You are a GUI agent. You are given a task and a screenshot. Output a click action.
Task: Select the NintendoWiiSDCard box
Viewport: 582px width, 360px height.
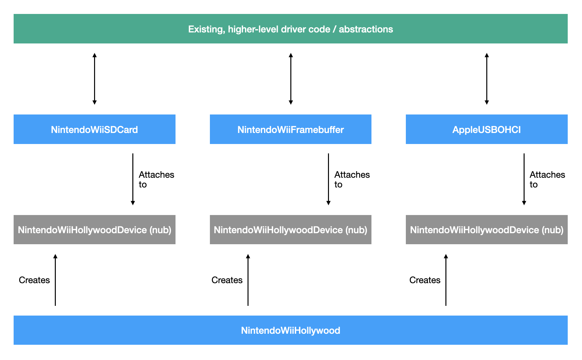(94, 129)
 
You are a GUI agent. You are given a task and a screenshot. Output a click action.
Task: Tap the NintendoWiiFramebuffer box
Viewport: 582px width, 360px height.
(290, 129)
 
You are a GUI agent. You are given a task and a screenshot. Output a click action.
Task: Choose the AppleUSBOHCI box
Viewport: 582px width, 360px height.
(486, 129)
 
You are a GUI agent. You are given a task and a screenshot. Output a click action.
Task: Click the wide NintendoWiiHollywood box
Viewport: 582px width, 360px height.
(290, 330)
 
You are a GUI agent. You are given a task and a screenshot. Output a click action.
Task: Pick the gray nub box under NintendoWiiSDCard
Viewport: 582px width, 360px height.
(94, 230)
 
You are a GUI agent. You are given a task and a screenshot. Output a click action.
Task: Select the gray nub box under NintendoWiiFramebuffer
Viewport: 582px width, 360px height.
(290, 230)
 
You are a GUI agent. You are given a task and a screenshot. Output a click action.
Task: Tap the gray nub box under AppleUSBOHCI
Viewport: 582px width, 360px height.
(486, 230)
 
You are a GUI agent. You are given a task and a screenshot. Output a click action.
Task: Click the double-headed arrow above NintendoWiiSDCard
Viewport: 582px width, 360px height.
(94, 79)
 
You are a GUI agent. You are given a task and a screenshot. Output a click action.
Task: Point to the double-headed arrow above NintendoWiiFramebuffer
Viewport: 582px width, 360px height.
(291, 79)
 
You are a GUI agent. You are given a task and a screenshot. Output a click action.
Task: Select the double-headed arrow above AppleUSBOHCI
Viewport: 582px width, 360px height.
(487, 79)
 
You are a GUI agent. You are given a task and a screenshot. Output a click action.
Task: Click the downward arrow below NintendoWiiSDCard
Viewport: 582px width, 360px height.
(133, 179)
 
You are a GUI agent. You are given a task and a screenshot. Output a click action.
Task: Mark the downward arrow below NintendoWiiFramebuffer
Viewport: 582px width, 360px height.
(328, 179)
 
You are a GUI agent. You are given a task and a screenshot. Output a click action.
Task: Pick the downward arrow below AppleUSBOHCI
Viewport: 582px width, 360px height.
(524, 179)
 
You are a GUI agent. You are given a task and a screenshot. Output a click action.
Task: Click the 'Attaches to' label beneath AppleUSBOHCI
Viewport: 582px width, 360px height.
(547, 179)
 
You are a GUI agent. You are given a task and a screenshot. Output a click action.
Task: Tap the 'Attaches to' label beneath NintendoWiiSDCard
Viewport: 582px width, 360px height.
(156, 179)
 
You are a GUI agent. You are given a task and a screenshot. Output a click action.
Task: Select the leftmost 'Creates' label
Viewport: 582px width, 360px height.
(34, 280)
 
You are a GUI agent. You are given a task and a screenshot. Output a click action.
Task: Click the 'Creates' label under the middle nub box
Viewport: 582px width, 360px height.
(227, 280)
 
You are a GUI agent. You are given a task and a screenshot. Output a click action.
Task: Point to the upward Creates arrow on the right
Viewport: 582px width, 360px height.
(446, 280)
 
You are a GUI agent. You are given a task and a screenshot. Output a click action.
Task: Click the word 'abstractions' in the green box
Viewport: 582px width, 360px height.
(366, 29)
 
